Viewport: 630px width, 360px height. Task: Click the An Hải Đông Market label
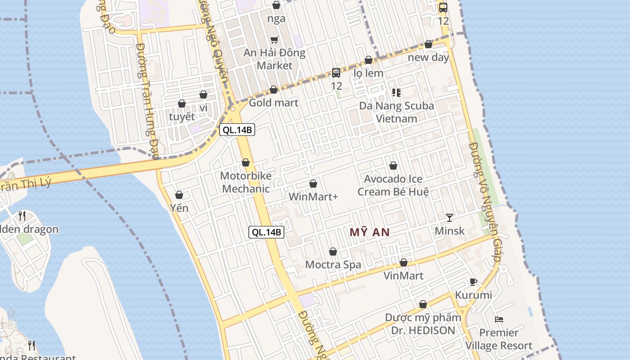[x=274, y=59]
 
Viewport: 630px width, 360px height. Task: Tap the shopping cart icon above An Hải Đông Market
[x=274, y=40]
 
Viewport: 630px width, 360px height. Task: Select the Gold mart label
[x=274, y=103]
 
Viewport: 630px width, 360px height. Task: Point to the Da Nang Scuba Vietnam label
[x=396, y=112]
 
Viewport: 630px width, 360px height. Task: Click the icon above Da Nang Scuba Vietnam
[x=396, y=93]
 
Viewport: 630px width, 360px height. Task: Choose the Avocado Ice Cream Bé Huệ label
[x=393, y=185]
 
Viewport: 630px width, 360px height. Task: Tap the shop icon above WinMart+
[x=313, y=184]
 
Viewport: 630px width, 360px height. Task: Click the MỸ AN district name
[x=369, y=232]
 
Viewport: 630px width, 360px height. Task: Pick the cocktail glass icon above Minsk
[x=450, y=218]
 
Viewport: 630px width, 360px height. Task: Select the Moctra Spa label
[x=333, y=265]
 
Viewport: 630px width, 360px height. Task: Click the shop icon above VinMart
[x=404, y=262]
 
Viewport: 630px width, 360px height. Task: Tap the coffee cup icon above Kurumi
[x=473, y=282]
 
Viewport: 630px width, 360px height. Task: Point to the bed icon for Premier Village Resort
[x=499, y=319]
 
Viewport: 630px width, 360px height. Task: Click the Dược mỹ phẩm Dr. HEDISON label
[x=423, y=324]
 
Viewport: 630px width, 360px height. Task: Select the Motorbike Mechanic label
[x=246, y=182]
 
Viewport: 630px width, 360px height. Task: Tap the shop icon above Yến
[x=179, y=195]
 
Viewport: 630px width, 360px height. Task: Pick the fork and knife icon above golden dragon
[x=22, y=216]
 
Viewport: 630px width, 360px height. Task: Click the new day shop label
[x=428, y=58]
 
